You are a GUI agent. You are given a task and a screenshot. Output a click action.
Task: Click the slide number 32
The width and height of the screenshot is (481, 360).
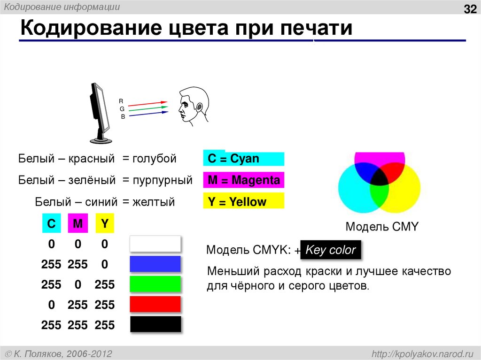click(470, 9)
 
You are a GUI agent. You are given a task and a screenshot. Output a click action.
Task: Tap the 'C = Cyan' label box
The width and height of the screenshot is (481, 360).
click(244, 159)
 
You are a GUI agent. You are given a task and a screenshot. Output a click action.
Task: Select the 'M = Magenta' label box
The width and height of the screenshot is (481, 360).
click(244, 180)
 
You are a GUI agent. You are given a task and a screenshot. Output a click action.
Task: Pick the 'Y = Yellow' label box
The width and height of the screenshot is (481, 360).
click(244, 202)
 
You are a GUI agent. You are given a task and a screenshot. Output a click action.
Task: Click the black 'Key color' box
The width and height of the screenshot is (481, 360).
click(331, 250)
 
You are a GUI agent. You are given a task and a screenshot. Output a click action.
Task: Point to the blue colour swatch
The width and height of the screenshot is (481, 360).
click(155, 264)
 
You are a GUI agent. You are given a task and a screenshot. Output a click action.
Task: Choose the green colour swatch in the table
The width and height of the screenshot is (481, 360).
click(155, 284)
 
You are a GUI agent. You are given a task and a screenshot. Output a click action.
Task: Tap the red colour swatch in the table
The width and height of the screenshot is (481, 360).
click(155, 304)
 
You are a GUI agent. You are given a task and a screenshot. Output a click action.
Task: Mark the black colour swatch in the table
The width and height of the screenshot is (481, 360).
click(155, 324)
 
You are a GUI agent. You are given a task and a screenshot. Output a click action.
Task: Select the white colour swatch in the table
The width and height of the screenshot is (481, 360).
click(155, 244)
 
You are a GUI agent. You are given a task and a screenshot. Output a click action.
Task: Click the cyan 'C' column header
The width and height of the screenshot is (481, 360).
click(51, 224)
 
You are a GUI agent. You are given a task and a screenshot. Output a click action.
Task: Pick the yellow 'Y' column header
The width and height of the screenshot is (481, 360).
click(105, 224)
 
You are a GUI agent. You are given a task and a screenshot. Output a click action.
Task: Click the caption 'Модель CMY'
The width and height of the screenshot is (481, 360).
click(381, 227)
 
